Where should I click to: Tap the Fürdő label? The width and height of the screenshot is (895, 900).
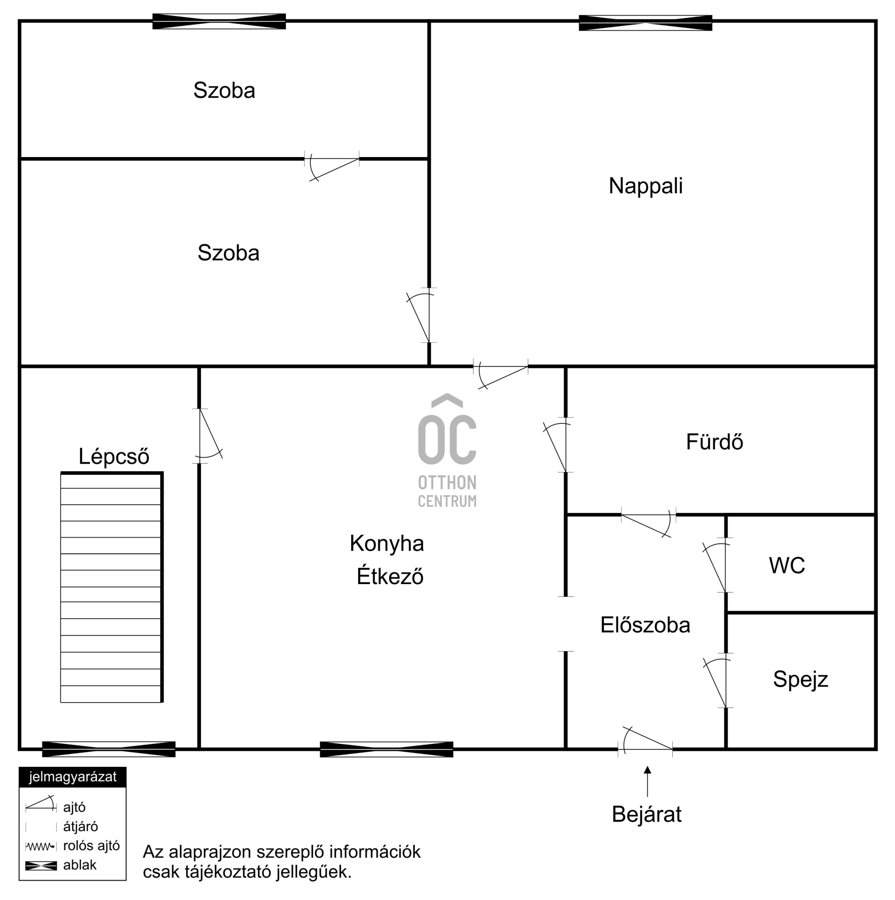[714, 442]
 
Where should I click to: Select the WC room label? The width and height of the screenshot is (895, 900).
[787, 566]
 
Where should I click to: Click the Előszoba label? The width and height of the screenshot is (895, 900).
[645, 625]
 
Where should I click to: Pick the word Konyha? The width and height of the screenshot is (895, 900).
[386, 544]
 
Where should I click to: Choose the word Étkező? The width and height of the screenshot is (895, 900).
[390, 576]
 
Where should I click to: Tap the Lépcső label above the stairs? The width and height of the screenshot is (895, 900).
[113, 457]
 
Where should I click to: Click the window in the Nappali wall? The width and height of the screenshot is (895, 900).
[645, 23]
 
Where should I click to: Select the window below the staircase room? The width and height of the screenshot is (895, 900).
[109, 749]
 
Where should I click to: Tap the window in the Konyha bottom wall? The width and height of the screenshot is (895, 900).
[386, 749]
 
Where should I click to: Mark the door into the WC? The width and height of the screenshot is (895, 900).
[715, 567]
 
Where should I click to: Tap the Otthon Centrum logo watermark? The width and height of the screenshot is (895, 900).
[447, 450]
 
